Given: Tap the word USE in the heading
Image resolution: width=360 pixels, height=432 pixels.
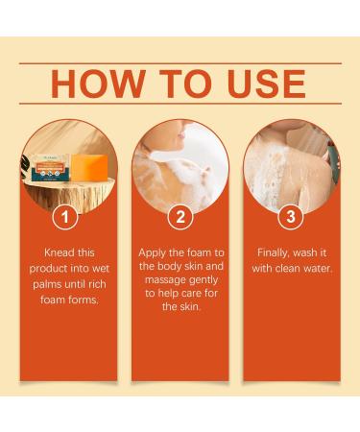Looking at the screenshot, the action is click(x=266, y=84).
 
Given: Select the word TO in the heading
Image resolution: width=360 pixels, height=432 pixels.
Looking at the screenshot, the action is click(x=185, y=84).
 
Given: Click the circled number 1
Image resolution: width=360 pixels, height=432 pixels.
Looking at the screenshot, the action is click(x=65, y=217).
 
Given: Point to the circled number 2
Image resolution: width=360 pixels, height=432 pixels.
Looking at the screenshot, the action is click(x=180, y=217).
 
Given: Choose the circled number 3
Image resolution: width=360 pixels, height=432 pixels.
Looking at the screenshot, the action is click(x=291, y=217).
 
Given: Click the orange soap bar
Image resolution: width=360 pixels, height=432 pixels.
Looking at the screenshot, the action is click(x=89, y=167).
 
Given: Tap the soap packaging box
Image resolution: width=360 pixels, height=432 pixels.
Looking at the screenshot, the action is click(x=50, y=167).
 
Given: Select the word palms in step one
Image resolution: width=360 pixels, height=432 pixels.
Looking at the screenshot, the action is click(x=47, y=284).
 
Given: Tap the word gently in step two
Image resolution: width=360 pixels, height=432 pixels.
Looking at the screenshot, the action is click(x=204, y=280).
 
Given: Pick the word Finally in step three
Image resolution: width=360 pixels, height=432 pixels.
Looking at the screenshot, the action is click(x=274, y=252).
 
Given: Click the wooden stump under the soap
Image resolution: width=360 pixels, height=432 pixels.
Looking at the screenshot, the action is click(x=69, y=194).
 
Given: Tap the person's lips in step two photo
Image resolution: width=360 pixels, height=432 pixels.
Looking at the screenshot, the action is click(x=181, y=135).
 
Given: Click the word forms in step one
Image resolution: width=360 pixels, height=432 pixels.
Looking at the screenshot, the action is click(x=83, y=300).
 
